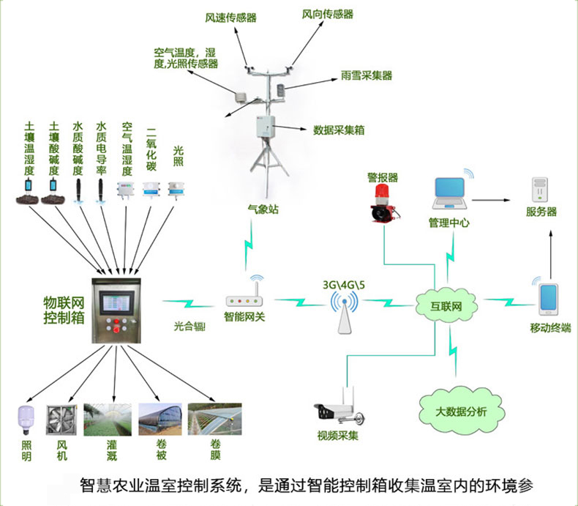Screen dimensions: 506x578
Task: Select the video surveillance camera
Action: click(x=338, y=410)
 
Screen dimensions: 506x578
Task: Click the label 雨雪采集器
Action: click(x=367, y=75)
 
